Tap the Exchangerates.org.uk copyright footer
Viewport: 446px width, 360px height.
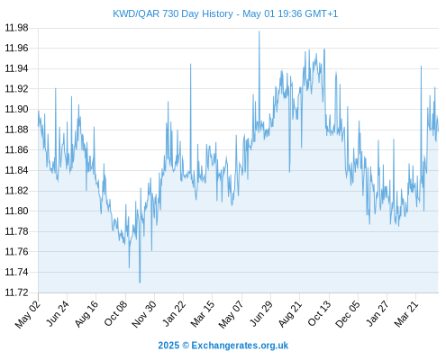(223, 346)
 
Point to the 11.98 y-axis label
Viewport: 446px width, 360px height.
(17, 28)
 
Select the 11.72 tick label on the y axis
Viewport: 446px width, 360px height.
(17, 292)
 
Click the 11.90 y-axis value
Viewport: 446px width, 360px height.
(17, 109)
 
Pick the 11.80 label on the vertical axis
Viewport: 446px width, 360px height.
(17, 211)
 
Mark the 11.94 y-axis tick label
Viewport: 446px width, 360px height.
(17, 68)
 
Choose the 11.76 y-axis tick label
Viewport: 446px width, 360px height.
(17, 252)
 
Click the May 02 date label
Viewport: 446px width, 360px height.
(28, 314)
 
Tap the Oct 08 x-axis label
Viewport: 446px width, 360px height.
(115, 313)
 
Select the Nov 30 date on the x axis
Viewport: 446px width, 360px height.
(144, 314)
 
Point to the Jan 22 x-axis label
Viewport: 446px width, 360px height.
(174, 313)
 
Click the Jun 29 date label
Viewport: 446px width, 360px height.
(261, 313)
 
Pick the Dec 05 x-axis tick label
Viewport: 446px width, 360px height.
(348, 314)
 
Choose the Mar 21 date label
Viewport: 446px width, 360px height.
(406, 313)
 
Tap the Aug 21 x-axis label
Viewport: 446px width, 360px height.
(290, 313)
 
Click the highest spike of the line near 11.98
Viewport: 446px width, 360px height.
(259, 31)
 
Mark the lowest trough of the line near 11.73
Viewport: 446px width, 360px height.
(140, 283)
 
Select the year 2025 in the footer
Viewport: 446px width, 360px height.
(168, 346)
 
